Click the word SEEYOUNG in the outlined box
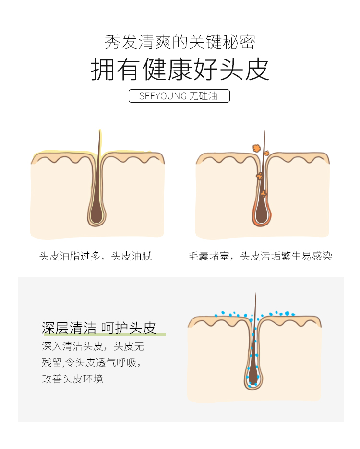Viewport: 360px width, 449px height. click(163, 96)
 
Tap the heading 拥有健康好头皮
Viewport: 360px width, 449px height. click(180, 70)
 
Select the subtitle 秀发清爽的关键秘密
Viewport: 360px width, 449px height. click(180, 42)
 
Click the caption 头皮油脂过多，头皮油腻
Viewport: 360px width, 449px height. click(96, 256)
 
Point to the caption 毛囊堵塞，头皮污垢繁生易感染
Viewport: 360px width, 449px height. click(260, 256)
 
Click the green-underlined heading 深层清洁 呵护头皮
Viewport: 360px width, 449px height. click(98, 328)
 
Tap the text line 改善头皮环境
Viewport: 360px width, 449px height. click(72, 379)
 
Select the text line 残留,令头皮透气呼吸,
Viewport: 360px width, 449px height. click(91, 363)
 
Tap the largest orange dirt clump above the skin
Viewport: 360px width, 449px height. click(256, 148)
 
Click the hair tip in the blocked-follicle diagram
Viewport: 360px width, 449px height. click(264, 131)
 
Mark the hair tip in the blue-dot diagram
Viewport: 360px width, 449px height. click(255, 293)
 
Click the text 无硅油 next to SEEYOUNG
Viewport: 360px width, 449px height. click(203, 96)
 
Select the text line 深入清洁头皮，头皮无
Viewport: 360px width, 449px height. click(93, 346)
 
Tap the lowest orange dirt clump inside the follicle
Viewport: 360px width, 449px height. click(264, 194)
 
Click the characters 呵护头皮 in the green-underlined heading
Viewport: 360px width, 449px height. click(129, 328)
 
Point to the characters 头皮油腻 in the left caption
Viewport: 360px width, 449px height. click(132, 256)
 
